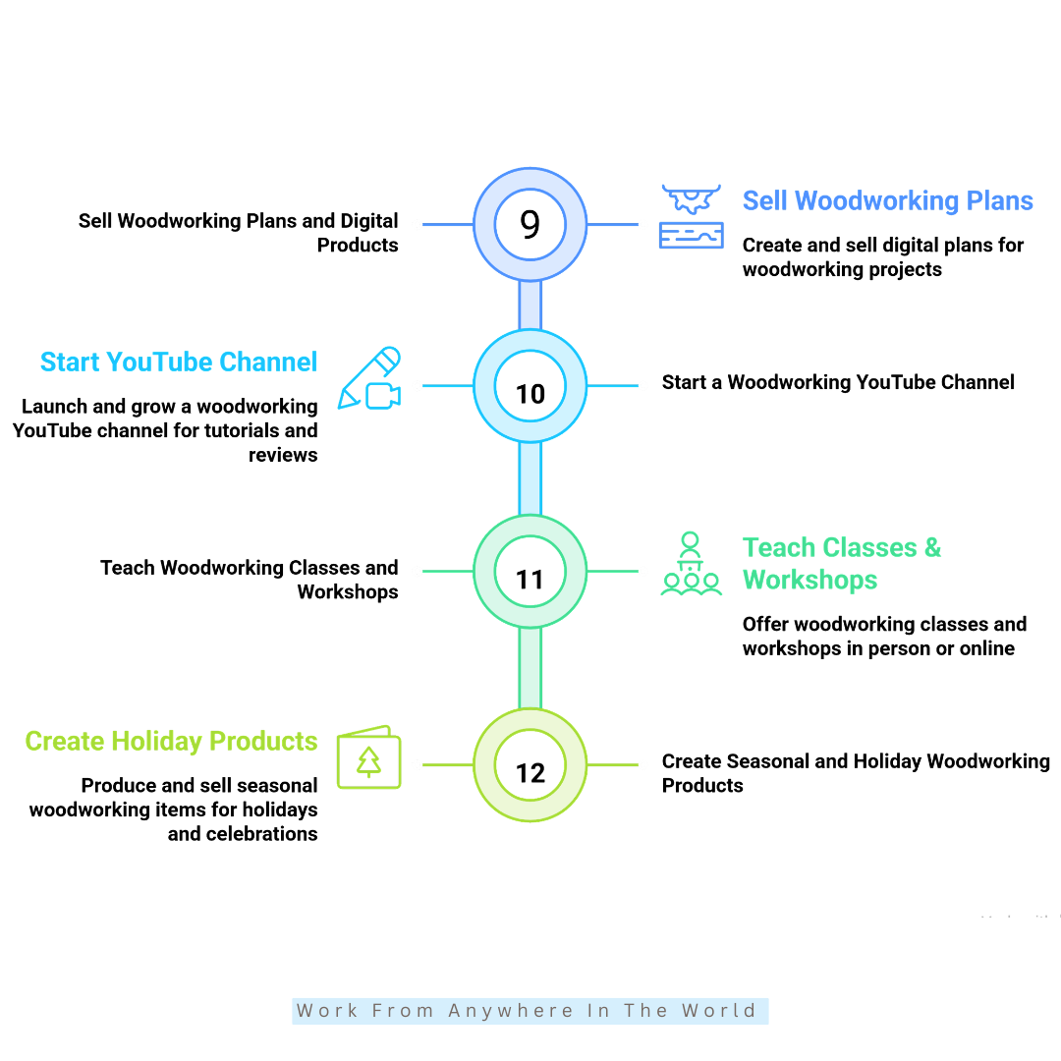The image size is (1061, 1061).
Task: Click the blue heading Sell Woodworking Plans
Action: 888,201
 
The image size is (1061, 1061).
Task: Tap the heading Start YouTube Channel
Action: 179,362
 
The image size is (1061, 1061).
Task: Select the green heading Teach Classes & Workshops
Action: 842,564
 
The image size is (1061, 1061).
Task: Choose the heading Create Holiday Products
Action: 171,742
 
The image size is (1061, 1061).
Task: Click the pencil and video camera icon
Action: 369,378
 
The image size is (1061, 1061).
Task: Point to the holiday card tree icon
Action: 368,757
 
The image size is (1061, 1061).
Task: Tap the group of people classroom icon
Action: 691,564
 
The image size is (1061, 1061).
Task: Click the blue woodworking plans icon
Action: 691,216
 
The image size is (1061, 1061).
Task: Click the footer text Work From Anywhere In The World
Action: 527,1011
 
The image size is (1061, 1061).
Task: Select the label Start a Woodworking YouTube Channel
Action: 838,382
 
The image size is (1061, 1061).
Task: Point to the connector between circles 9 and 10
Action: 530,306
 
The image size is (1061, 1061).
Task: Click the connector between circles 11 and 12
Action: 530,669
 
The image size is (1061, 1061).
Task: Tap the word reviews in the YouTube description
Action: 283,456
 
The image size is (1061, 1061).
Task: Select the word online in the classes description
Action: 987,648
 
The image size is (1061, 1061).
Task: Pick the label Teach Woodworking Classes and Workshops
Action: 249,580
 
